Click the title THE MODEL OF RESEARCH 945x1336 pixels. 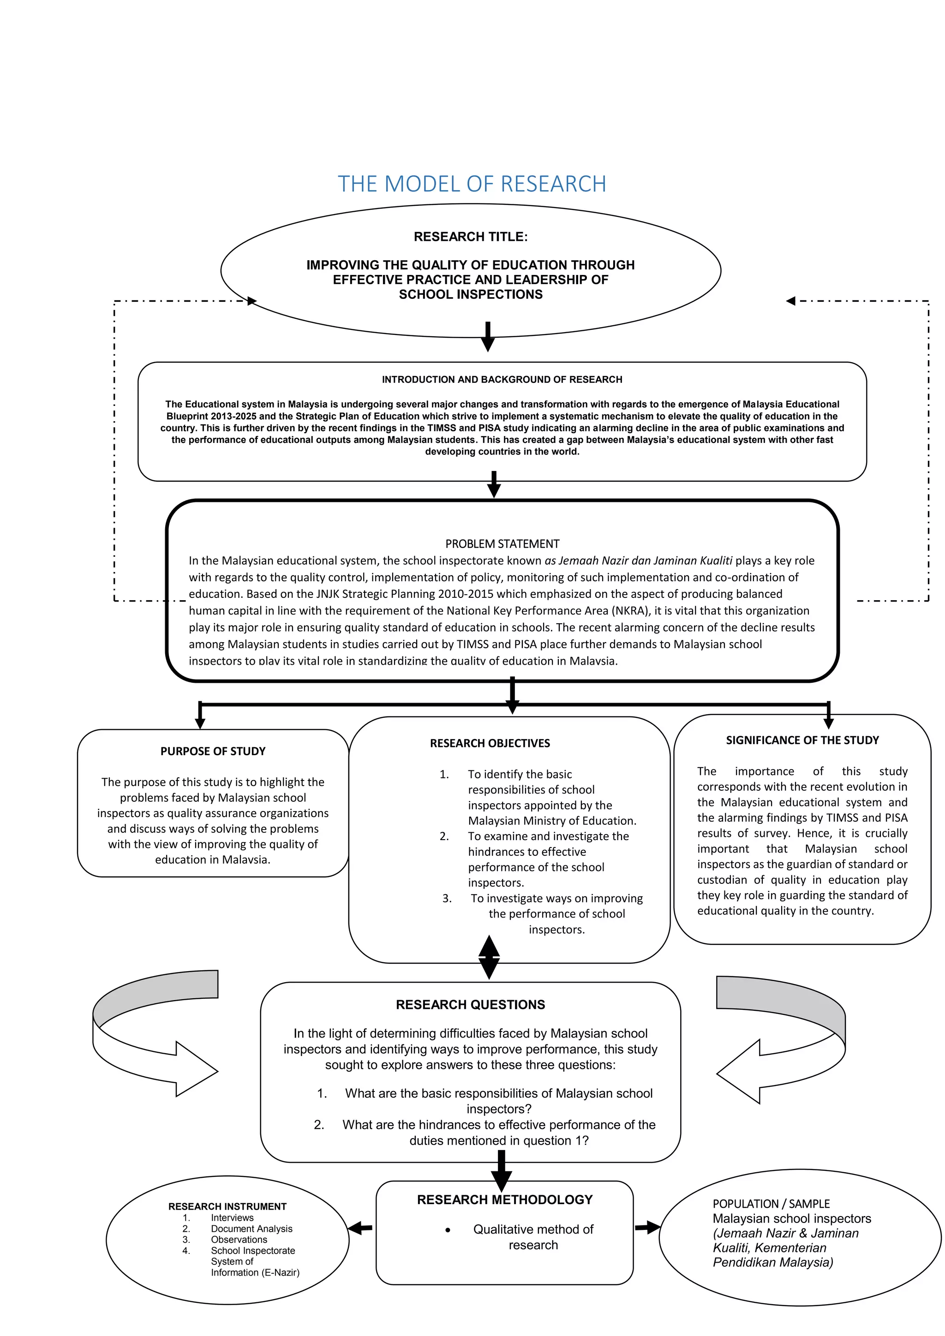click(x=472, y=184)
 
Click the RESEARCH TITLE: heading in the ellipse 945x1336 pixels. click(x=470, y=237)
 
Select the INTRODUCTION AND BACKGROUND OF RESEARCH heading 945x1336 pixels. click(x=502, y=379)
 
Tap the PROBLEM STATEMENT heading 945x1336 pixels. click(x=502, y=543)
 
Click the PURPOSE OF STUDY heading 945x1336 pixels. click(x=213, y=751)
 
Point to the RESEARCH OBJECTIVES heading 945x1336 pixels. click(x=490, y=743)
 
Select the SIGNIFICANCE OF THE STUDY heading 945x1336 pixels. click(x=802, y=740)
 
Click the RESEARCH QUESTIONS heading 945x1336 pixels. click(x=470, y=1004)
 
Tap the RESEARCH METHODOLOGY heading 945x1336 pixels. click(x=504, y=1199)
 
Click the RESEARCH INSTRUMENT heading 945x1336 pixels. click(x=227, y=1206)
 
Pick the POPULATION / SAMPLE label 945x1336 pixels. click(x=771, y=1203)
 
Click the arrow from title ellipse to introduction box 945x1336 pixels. click(x=488, y=337)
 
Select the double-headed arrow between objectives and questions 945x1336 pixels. click(x=489, y=957)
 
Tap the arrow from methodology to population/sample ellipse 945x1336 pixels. click(x=647, y=1228)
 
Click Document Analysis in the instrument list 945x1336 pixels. click(x=251, y=1229)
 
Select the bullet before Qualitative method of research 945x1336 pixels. click(x=448, y=1230)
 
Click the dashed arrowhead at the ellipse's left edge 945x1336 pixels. click(x=252, y=301)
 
